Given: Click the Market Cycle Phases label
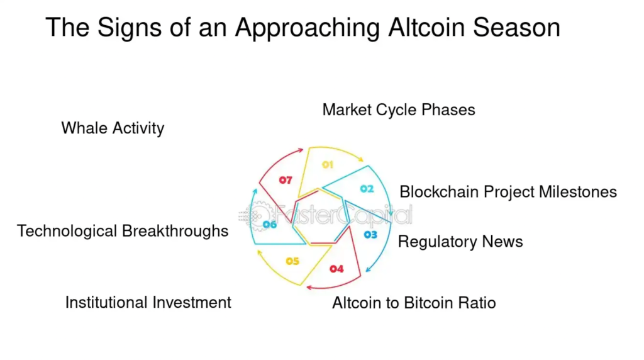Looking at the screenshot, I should click(x=399, y=110).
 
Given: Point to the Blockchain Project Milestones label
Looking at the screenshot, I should click(x=508, y=192).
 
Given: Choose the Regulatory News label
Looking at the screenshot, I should click(x=460, y=242).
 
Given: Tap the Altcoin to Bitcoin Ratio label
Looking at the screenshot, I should click(x=414, y=303).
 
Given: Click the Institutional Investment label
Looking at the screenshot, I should click(x=148, y=302).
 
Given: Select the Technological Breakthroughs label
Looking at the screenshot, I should click(x=123, y=231).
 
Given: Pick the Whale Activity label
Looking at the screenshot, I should click(x=113, y=128).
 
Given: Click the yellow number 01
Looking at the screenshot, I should click(x=327, y=165).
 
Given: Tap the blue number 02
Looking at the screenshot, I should click(x=367, y=189).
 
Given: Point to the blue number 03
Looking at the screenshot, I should click(x=370, y=235).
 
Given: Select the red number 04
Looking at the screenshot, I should click(x=336, y=269).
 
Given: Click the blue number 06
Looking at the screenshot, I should click(x=270, y=225).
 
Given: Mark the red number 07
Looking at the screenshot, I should click(x=286, y=181).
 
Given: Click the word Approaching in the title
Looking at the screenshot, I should click(x=307, y=28).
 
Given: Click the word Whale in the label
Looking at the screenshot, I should click(x=85, y=128).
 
